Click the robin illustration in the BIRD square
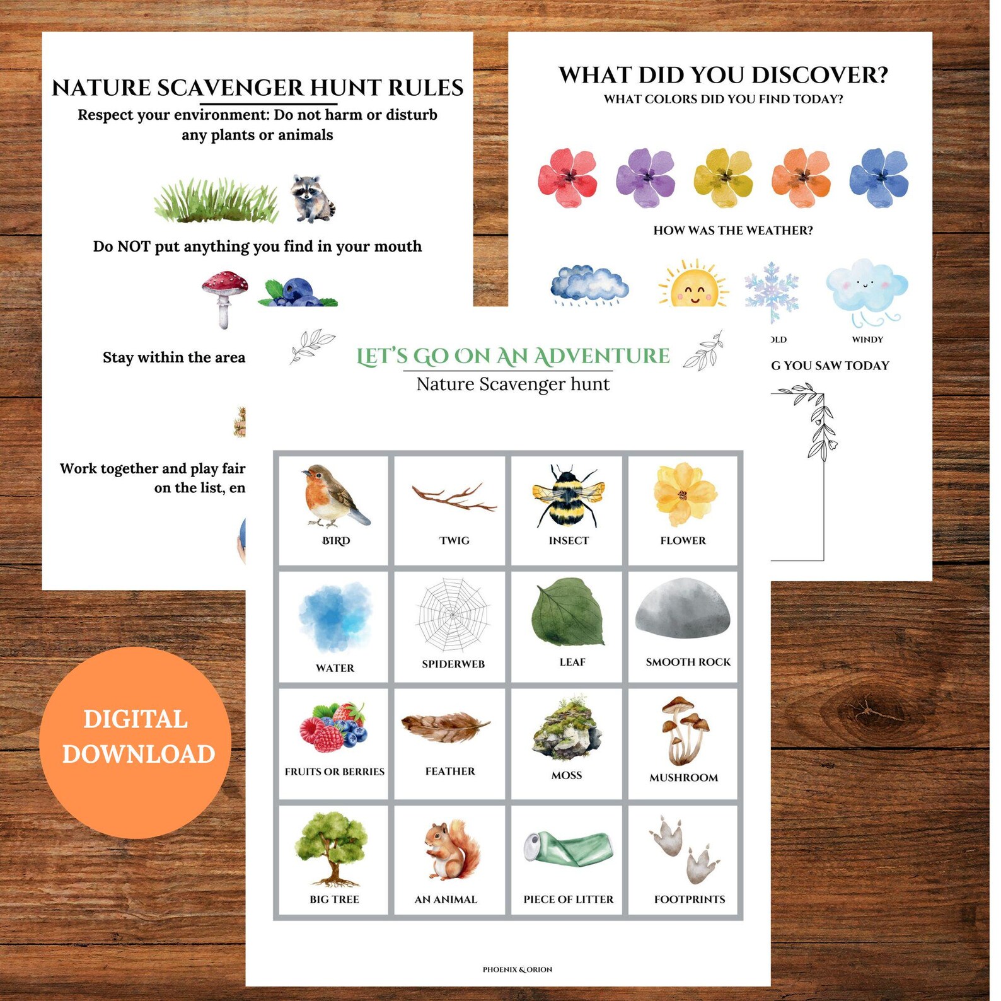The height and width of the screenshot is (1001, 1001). [334, 495]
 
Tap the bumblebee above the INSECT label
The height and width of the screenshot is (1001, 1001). [567, 496]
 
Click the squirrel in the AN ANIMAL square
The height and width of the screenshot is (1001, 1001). [450, 850]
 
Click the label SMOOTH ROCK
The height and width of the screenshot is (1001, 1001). [688, 662]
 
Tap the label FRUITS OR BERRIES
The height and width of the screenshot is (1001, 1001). [334, 772]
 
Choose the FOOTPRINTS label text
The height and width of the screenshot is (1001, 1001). [689, 900]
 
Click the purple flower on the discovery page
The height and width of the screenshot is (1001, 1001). [645, 177]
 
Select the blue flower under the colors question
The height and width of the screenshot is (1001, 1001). [879, 178]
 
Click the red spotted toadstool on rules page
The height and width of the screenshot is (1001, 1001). [224, 296]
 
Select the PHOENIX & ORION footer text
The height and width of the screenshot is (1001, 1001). [517, 969]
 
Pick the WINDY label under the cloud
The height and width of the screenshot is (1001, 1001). [867, 340]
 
